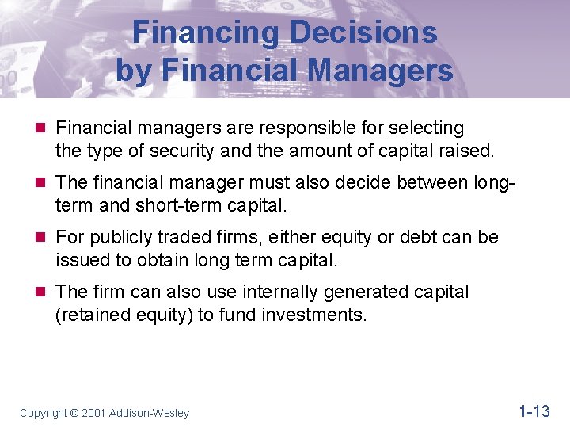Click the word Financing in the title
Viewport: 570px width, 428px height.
pos(205,32)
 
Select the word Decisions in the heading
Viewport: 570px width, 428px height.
pos(363,32)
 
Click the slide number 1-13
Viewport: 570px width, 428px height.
pos(534,411)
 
